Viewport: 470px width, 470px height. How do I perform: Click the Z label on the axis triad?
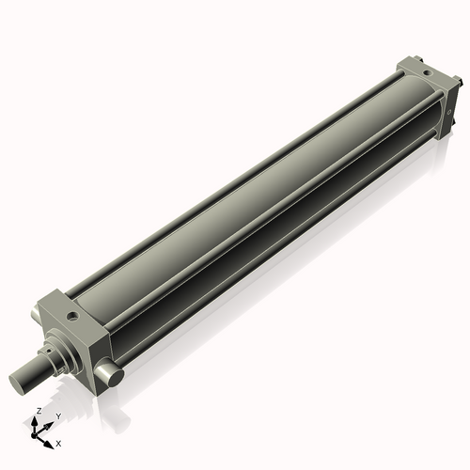pos(37,412)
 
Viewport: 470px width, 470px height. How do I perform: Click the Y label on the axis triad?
pos(57,415)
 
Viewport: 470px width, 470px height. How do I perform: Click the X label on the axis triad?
pos(58,442)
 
